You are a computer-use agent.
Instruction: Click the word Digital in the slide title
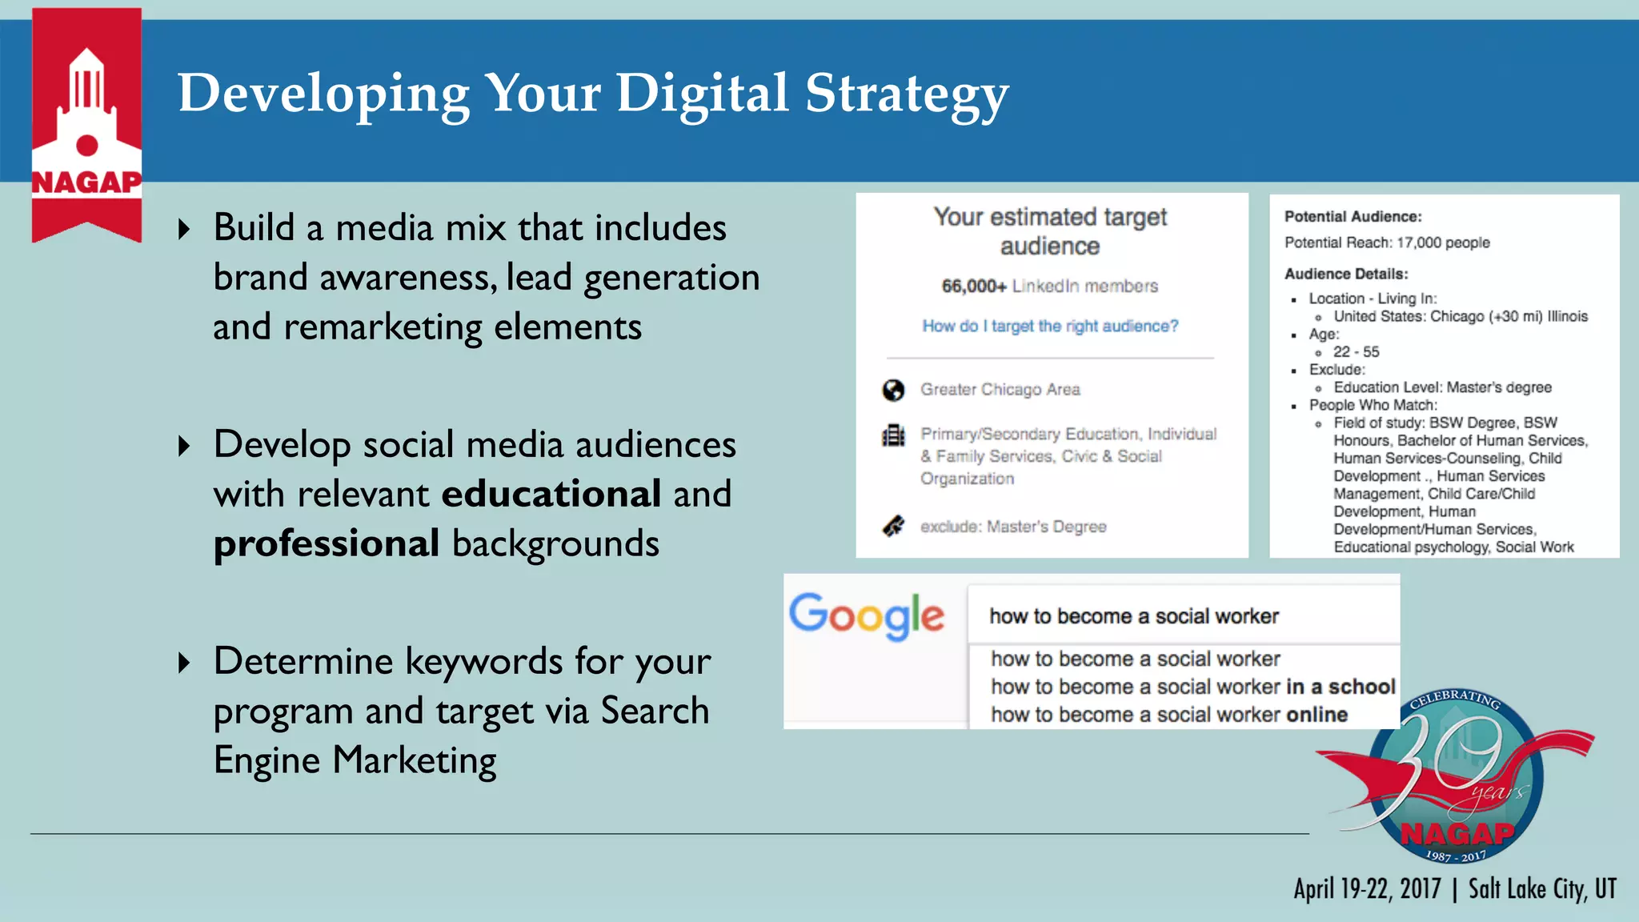702,94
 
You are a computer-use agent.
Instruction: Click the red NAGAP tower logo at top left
86,120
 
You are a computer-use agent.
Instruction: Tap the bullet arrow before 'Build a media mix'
185,230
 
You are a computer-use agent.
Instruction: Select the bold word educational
551,494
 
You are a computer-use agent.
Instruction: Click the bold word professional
327,543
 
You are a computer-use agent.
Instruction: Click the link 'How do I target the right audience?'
1050,326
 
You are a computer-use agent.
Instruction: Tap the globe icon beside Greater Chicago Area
893,390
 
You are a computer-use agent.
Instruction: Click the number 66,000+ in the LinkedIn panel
973,286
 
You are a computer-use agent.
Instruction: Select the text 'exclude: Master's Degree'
1013,527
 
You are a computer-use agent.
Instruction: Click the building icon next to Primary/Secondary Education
893,436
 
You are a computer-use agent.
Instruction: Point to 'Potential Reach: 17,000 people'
1387,243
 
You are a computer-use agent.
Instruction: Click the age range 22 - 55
1356,352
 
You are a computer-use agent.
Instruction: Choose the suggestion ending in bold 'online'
1168,715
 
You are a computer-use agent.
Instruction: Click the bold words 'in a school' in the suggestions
1340,687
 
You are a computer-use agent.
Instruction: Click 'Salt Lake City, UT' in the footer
1541,889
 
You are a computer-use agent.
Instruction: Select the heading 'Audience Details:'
1345,274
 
